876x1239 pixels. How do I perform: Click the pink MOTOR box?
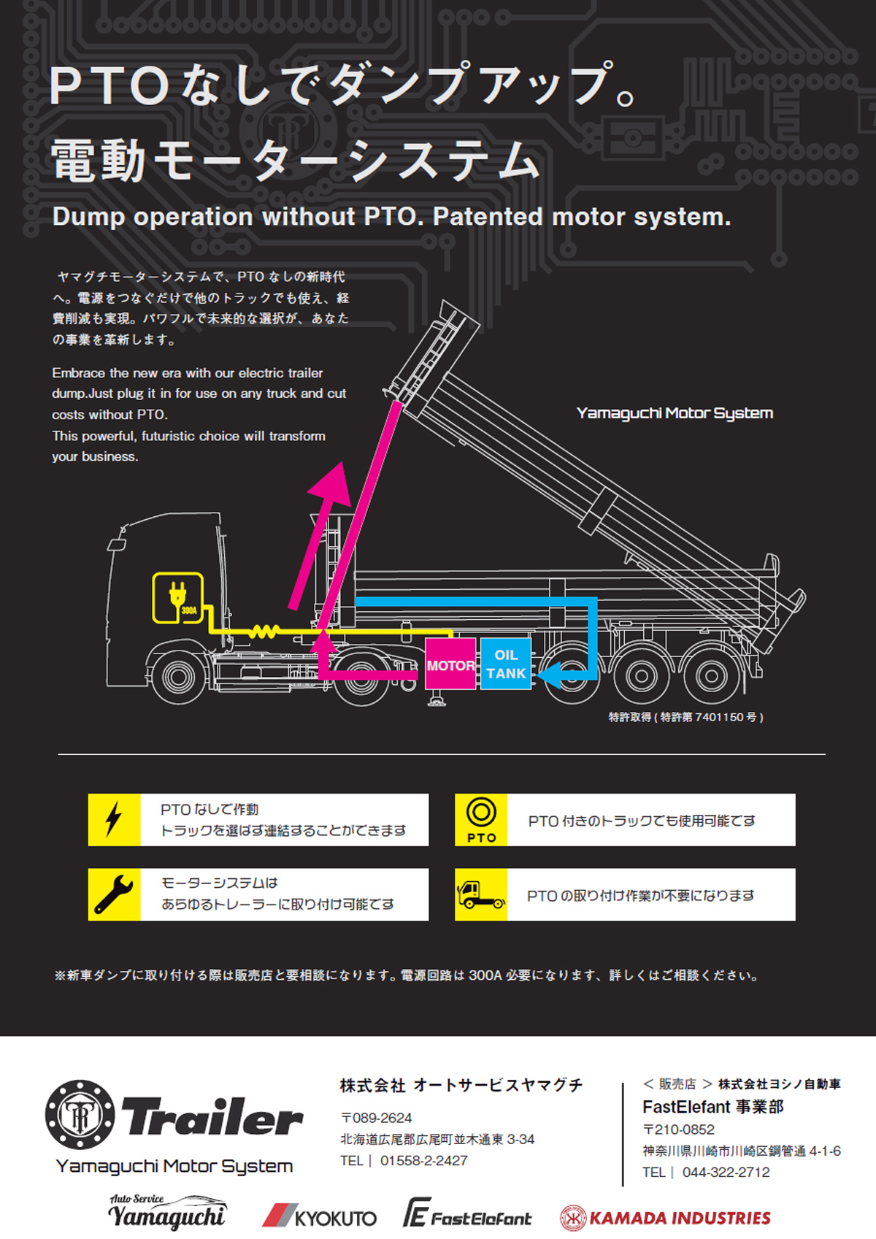(450, 664)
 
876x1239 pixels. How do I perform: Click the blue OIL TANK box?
(506, 664)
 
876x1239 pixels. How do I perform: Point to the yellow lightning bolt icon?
(114, 819)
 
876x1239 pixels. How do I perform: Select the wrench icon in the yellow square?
(114, 894)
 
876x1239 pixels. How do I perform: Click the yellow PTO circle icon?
(481, 813)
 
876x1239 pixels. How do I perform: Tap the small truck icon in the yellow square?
(480, 894)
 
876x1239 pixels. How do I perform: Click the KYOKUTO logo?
(320, 1216)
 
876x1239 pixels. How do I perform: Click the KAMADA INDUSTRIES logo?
(665, 1218)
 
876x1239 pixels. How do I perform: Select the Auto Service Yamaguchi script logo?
(168, 1213)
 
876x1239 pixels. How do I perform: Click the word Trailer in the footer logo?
(212, 1116)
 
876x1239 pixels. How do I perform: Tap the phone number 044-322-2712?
(726, 1172)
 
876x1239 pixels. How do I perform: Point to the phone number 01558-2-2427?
(423, 1160)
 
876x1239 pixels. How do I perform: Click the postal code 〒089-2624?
(376, 1118)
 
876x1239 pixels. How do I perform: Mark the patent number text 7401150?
(719, 717)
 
